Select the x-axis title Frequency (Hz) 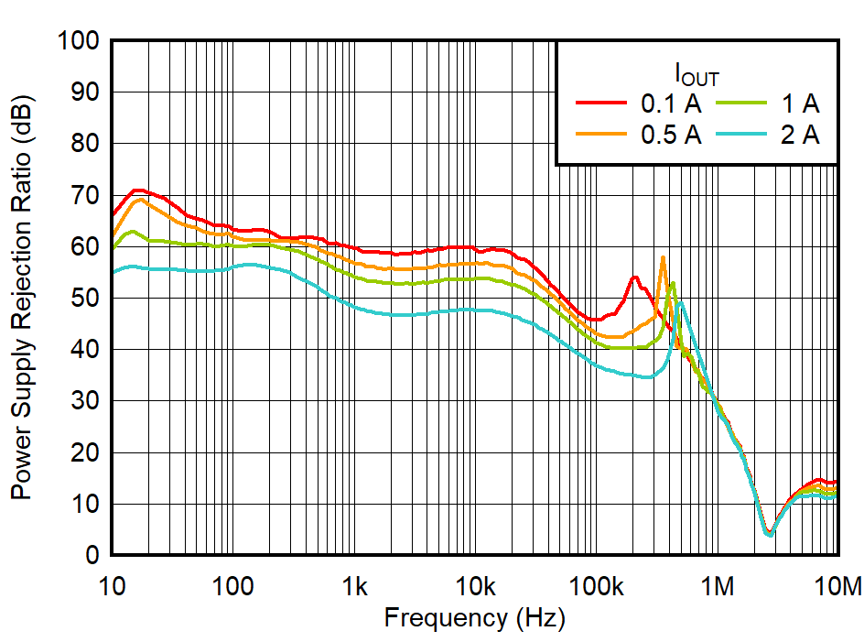tap(474, 617)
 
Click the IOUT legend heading tap(697, 72)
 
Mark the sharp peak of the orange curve tap(663, 257)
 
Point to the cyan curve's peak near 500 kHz tap(680, 301)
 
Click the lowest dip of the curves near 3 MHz tap(769, 534)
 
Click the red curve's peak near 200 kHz tap(634, 277)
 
